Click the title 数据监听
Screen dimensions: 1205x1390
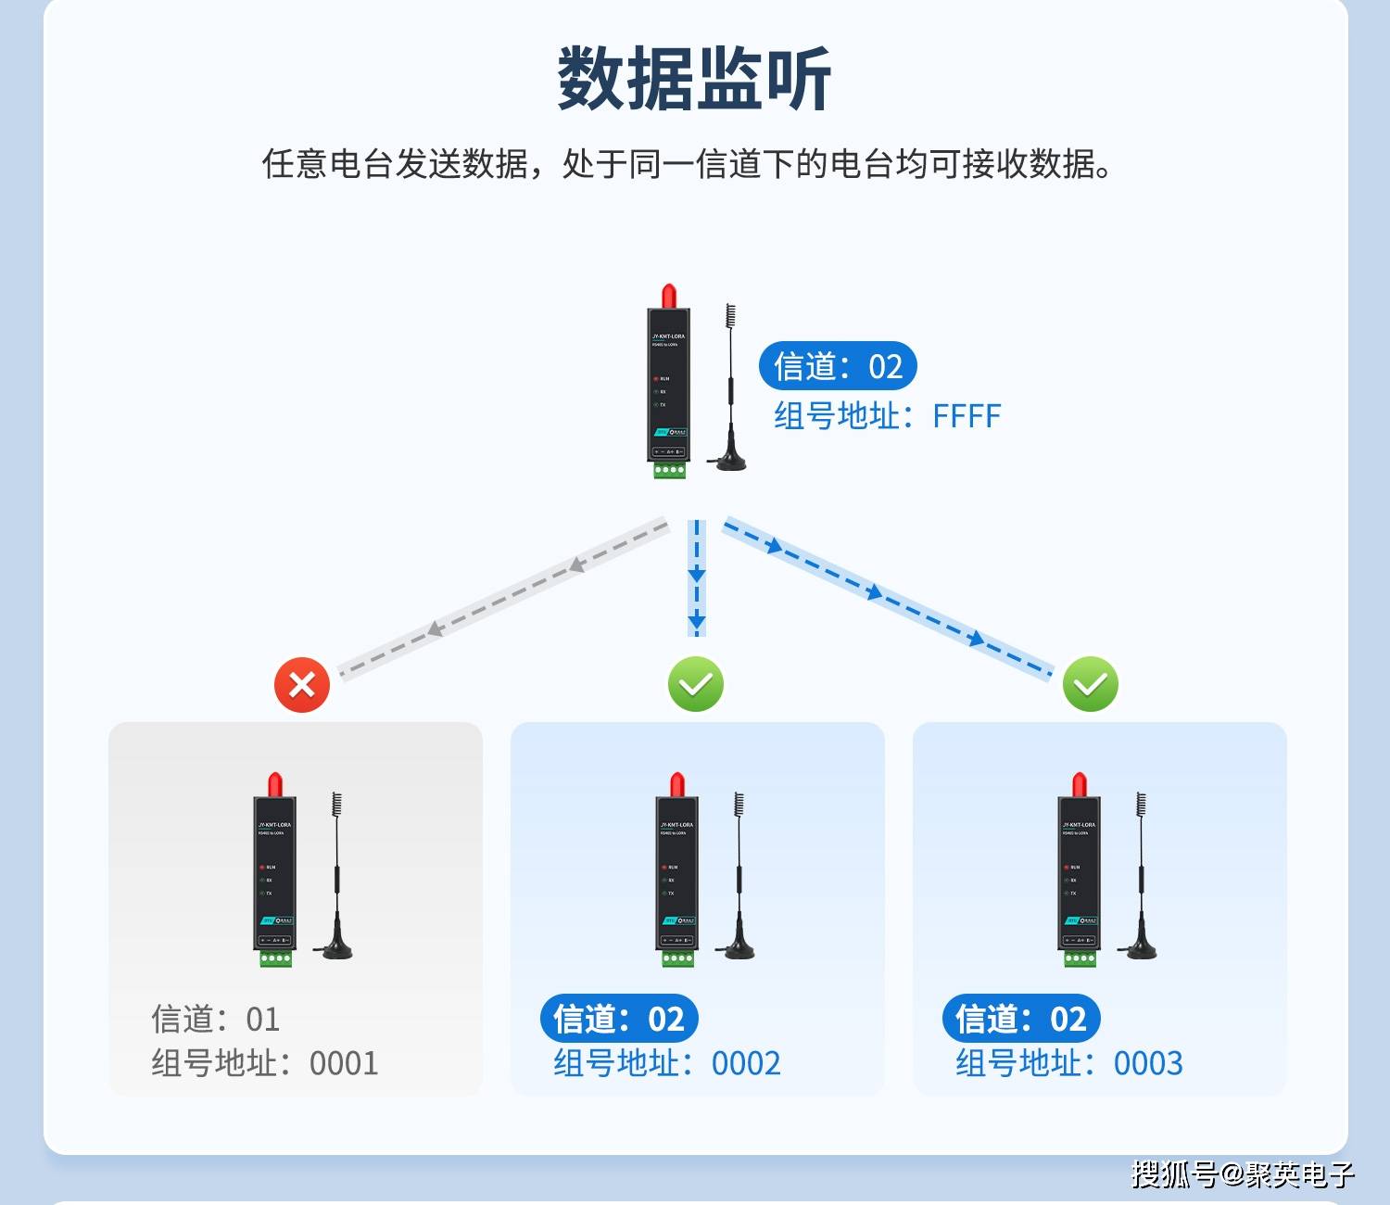[694, 80]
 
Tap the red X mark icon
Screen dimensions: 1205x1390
[302, 685]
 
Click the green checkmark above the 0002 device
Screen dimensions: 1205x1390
[696, 685]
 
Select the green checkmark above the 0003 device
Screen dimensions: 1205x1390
[1091, 685]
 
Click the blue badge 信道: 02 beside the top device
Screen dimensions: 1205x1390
[838, 366]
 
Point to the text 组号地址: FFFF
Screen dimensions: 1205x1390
[887, 416]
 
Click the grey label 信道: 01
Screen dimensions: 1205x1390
[215, 1019]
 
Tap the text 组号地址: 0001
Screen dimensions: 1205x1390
[265, 1063]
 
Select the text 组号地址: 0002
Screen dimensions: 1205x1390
[667, 1063]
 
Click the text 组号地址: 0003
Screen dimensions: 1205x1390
[1069, 1063]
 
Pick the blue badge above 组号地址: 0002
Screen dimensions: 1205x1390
[619, 1019]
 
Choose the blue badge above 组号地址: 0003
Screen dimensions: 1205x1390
[1021, 1019]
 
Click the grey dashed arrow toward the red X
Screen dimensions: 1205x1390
[504, 598]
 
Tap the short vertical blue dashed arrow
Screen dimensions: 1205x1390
[697, 578]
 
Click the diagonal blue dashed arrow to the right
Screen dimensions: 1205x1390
[887, 597]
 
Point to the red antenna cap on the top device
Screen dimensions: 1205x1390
[667, 297]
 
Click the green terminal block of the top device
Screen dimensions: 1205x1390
[669, 471]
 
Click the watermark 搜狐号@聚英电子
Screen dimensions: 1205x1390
[1243, 1174]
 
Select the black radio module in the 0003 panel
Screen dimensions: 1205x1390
[1078, 871]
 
